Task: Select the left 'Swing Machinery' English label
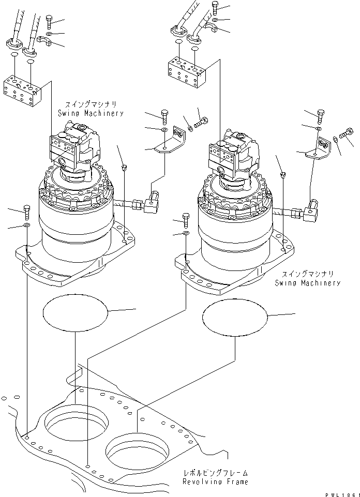click(91, 113)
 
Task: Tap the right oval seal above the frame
click(236, 317)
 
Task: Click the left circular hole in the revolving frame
click(77, 425)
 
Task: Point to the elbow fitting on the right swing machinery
click(314, 209)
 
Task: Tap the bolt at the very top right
click(215, 7)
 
